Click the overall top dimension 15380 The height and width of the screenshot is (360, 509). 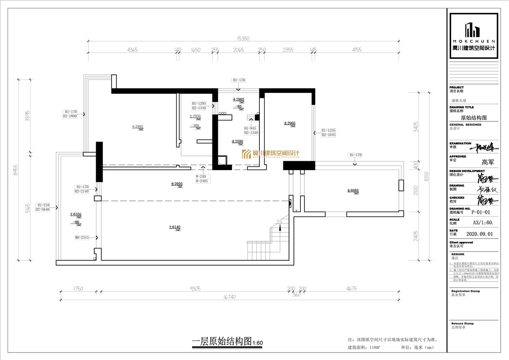pos(243,39)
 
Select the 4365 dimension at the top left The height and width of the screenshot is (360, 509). pos(132,50)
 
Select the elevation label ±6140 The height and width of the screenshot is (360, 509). pos(175,228)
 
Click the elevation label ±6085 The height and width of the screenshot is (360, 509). pos(354,191)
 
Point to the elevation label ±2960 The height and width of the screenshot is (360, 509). pos(289,124)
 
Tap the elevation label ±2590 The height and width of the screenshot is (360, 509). pos(237,142)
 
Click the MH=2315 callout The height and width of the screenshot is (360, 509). pos(82,238)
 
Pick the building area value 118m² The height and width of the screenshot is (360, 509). pos(374,348)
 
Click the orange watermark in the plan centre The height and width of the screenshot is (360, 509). pos(270,154)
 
